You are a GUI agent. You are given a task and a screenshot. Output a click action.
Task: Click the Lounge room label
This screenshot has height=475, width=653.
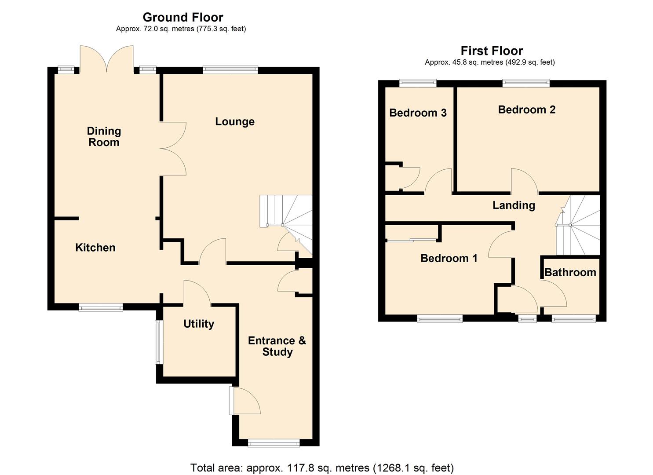(235, 122)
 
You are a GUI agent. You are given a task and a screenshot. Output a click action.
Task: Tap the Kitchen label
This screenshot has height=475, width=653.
(95, 248)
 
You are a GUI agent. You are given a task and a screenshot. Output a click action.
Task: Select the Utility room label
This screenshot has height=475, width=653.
(199, 324)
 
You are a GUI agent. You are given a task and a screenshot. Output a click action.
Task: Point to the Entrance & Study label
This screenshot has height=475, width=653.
(277, 346)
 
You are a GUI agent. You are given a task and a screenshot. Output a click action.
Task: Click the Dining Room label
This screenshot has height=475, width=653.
(104, 136)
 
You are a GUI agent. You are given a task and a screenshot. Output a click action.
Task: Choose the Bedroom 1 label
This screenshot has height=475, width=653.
(449, 258)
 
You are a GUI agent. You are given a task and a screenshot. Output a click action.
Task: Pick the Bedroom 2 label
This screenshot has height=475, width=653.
(526, 110)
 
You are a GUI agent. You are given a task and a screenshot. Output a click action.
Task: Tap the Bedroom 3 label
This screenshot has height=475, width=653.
(418, 113)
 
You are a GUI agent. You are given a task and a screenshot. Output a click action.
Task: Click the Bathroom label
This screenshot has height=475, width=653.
(570, 273)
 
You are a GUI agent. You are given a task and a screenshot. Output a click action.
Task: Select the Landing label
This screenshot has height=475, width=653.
(514, 205)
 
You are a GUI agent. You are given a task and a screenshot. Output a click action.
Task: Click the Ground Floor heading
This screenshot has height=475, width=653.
(183, 18)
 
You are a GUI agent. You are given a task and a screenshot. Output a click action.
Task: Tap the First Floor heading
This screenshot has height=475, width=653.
(492, 51)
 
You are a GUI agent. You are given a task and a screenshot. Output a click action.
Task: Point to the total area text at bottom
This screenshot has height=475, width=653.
(322, 468)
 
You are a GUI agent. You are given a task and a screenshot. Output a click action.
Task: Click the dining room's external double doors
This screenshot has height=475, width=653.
(106, 59)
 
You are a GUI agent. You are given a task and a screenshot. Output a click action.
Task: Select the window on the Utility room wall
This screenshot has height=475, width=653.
(159, 342)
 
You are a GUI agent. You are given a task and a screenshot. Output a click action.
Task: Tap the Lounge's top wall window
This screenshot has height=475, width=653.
(230, 69)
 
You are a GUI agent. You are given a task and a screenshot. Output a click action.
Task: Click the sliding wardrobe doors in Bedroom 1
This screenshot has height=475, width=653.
(412, 240)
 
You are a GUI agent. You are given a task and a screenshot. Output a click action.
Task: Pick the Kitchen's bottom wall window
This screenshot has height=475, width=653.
(101, 307)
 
